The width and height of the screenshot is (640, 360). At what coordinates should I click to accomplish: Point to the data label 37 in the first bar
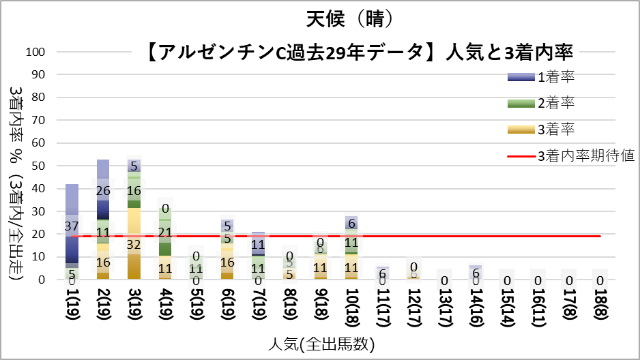(x=72, y=226)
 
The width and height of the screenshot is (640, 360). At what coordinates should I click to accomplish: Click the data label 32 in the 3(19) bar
(x=134, y=244)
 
